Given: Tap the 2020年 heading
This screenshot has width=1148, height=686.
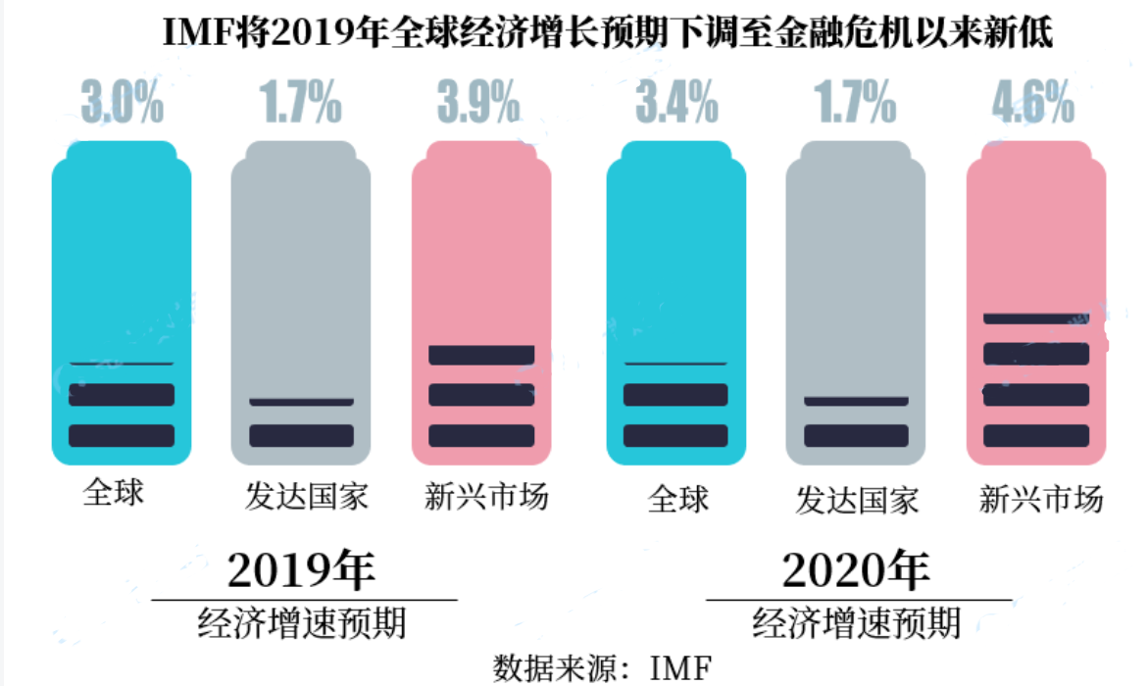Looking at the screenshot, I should pos(857,569).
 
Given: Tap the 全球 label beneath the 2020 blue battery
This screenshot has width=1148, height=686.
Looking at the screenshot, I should pos(677,499).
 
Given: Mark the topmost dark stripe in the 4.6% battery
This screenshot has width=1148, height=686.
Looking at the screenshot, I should pos(1036,318).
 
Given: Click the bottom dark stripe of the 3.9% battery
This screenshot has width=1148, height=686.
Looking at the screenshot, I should pos(481,435).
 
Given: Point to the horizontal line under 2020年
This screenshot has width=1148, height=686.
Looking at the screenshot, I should pos(859,599).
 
